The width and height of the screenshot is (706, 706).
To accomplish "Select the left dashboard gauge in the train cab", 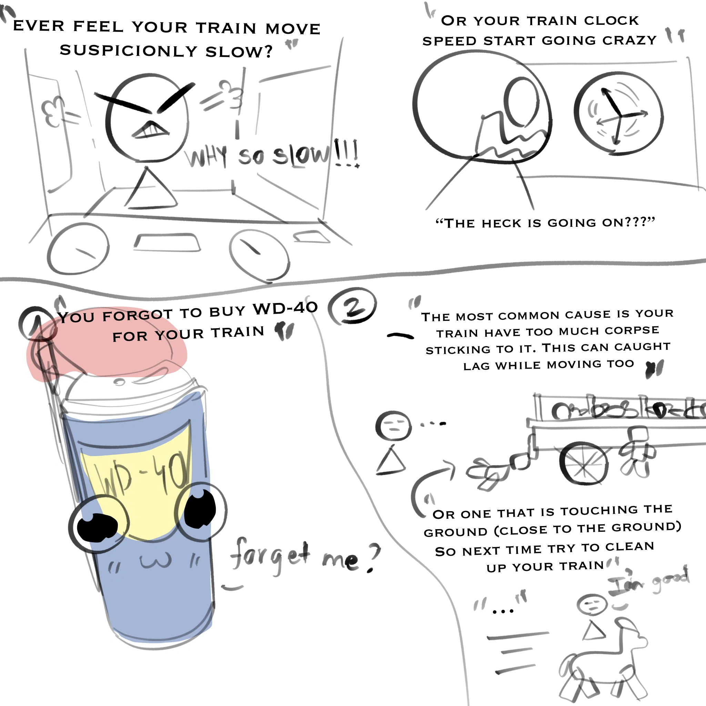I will click(78, 249).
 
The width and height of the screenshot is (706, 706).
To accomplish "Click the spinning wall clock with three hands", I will click(619, 114).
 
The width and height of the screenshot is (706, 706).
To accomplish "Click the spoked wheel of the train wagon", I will click(584, 463).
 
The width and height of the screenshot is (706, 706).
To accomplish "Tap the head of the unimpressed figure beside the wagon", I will click(393, 426).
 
